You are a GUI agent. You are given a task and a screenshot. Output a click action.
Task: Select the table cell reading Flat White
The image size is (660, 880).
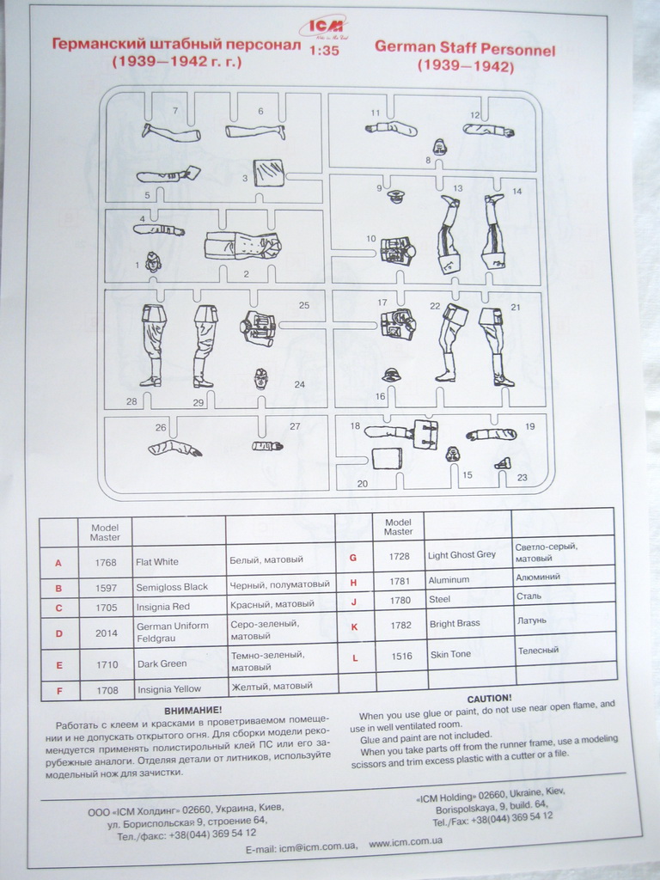pyautogui.click(x=157, y=562)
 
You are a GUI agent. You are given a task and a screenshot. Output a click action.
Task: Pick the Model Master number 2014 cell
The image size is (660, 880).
pyautogui.click(x=105, y=632)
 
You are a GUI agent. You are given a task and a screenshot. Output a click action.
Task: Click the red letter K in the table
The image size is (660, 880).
pyautogui.click(x=354, y=626)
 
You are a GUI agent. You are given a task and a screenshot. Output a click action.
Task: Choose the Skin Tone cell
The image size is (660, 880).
pyautogui.click(x=450, y=655)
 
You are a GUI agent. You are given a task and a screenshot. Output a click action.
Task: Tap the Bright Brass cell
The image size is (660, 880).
pyautogui.click(x=455, y=624)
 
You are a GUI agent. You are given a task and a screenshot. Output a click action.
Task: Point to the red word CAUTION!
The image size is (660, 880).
pyautogui.click(x=488, y=698)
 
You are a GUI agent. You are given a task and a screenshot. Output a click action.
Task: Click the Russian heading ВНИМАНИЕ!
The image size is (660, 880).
pyautogui.click(x=192, y=710)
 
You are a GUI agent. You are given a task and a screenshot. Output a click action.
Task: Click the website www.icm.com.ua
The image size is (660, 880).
pyautogui.click(x=406, y=841)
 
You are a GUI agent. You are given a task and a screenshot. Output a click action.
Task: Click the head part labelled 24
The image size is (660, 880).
pyautogui.click(x=260, y=378)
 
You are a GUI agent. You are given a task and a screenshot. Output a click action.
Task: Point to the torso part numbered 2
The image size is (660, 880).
pyautogui.click(x=243, y=247)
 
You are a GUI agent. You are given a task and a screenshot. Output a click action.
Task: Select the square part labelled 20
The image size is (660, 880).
pyautogui.click(x=387, y=458)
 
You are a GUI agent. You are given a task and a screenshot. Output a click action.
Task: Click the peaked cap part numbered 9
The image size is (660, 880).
pyautogui.click(x=396, y=197)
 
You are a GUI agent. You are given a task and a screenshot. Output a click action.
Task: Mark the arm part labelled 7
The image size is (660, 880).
pyautogui.click(x=171, y=133)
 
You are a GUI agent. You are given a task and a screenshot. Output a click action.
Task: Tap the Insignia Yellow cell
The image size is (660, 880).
pyautogui.click(x=168, y=688)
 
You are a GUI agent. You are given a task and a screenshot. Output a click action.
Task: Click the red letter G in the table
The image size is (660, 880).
pyautogui.click(x=353, y=558)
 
